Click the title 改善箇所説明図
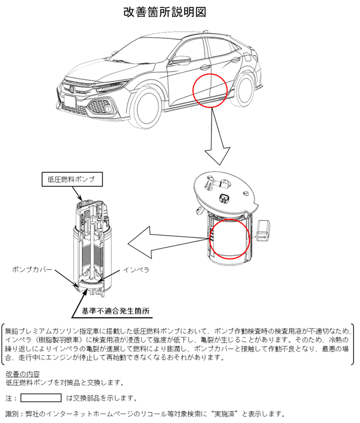pos(165,12)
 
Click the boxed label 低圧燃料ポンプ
pos(72,179)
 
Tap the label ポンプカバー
pos(32,269)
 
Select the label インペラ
pos(136,270)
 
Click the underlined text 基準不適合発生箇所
pos(115,311)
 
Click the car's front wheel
pos(147,108)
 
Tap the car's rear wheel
pos(245,90)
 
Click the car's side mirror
pos(181,60)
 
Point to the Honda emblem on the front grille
pos(72,89)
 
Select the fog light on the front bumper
pos(109,109)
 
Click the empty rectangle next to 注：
pos(41,398)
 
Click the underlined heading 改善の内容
pos(22,374)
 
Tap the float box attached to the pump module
pos(263,230)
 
